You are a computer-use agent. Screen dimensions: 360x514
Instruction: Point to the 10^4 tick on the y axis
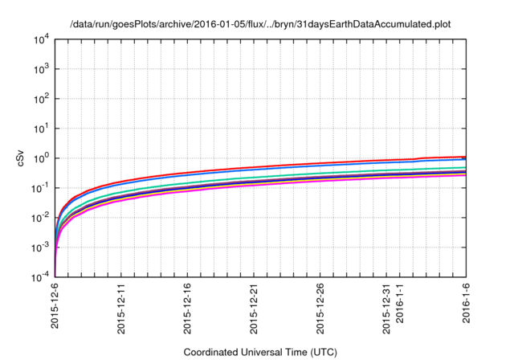click(41, 39)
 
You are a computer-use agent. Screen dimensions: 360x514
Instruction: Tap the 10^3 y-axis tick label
click(41, 69)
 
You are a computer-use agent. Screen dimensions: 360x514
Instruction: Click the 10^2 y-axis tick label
click(41, 99)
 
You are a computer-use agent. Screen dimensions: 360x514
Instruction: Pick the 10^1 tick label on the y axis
click(41, 129)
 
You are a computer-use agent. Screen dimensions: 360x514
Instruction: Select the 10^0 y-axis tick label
click(41, 158)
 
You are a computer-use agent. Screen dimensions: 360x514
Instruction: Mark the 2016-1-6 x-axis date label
click(467, 306)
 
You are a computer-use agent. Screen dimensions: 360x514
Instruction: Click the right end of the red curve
click(465, 157)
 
